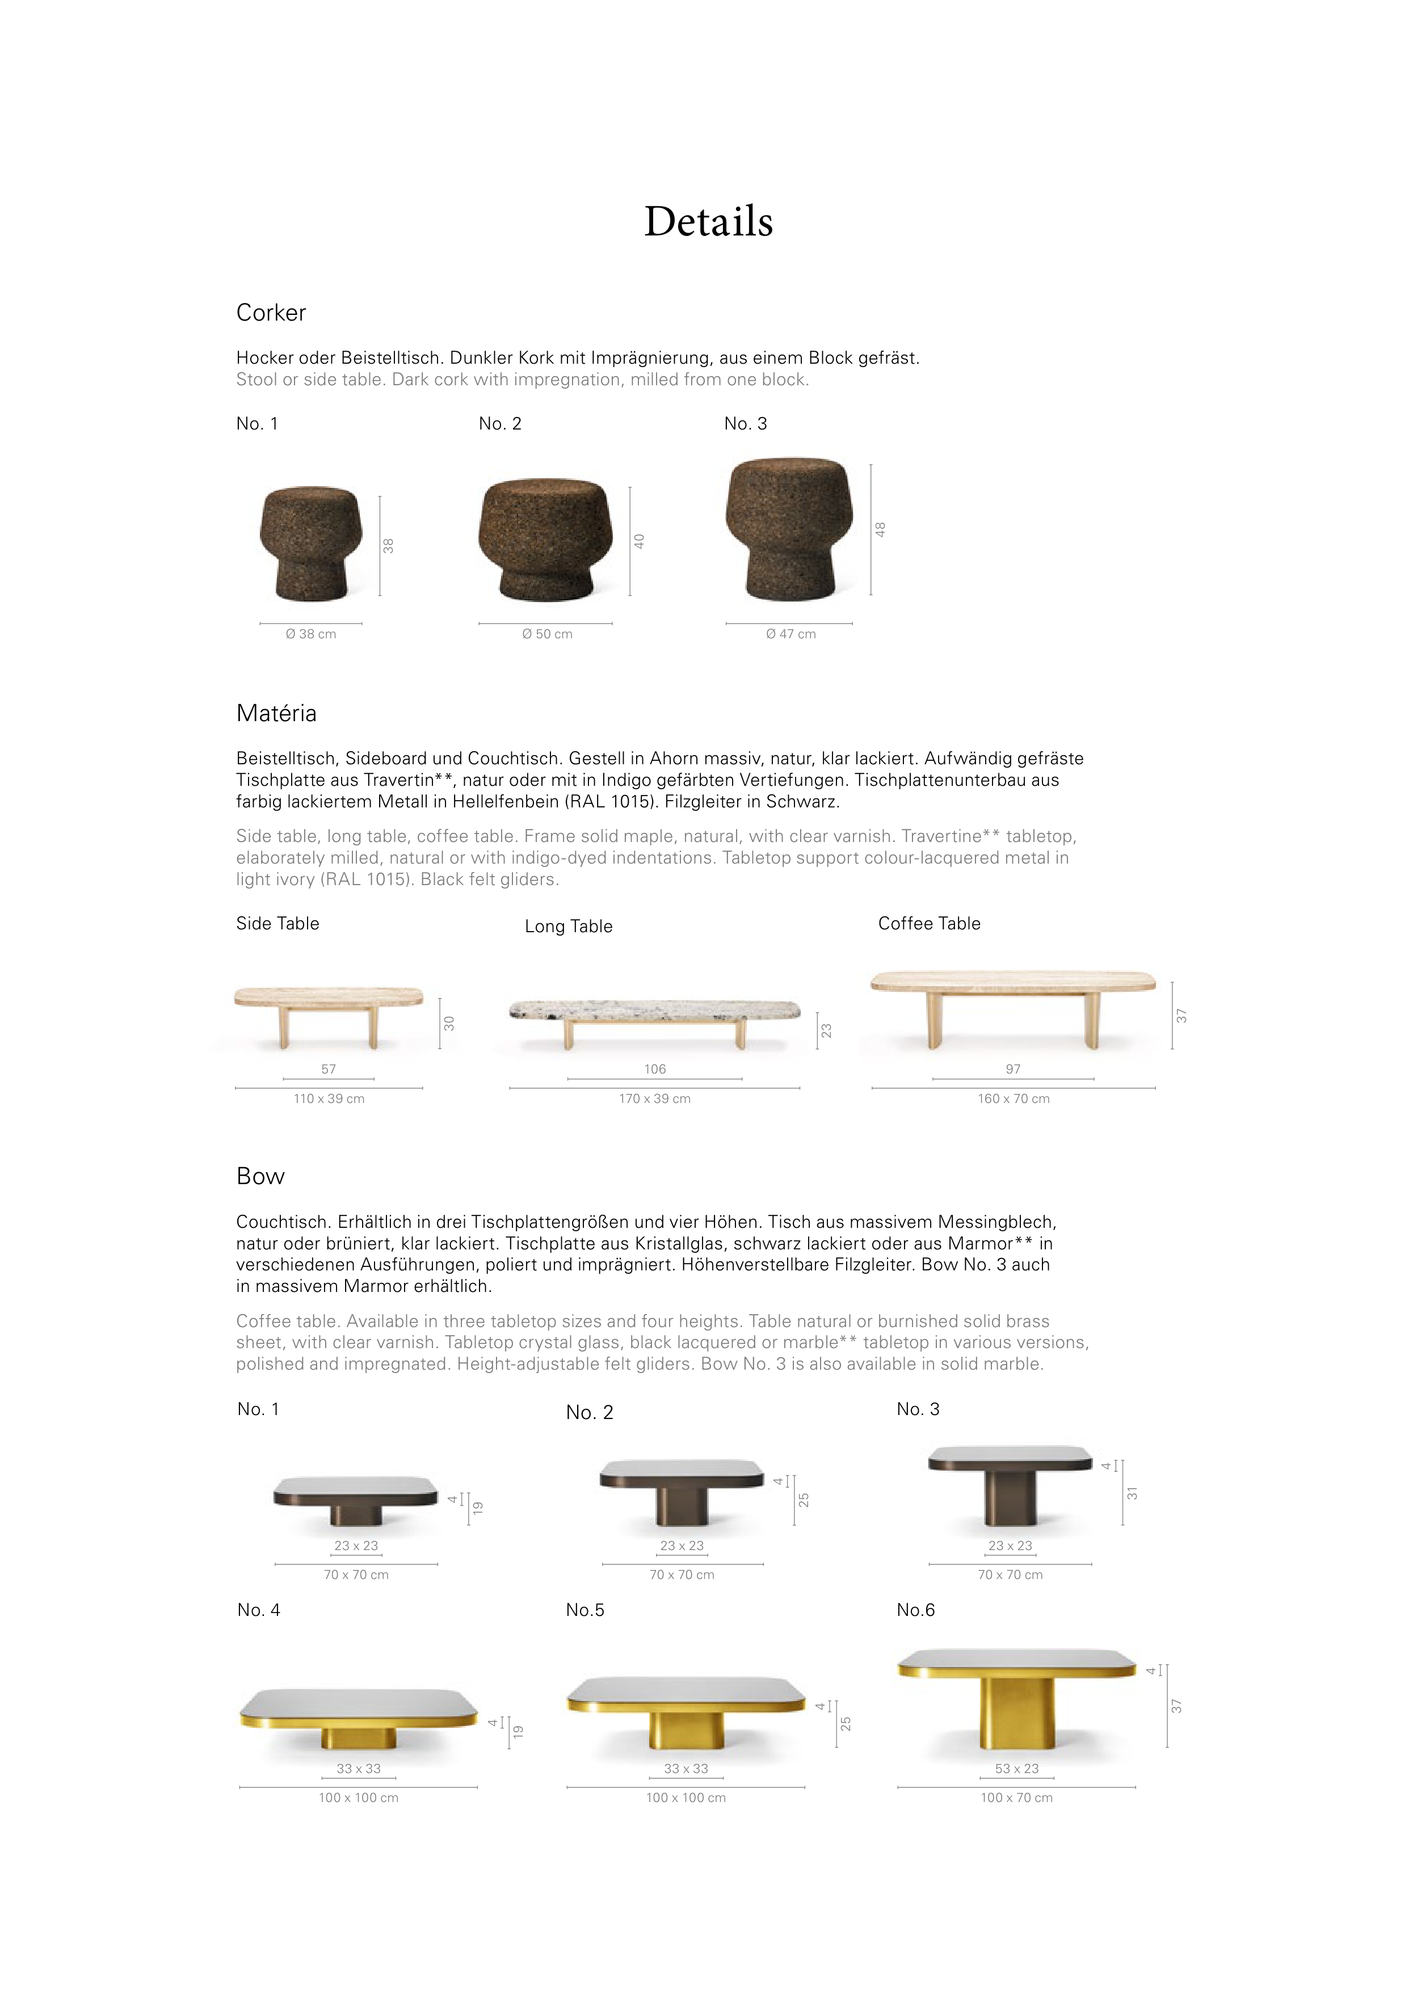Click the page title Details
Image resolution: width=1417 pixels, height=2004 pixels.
tap(708, 222)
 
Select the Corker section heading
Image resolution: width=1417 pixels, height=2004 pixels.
tap(271, 313)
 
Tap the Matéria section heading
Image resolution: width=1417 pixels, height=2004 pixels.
tap(276, 714)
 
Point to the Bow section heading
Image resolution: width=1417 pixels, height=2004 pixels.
tap(260, 1177)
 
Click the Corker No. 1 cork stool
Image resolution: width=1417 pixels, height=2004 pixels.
tap(311, 544)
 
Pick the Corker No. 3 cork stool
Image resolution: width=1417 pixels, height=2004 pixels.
tap(788, 528)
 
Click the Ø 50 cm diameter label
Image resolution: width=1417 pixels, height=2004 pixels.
tap(548, 634)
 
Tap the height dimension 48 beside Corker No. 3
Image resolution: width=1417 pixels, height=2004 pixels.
tap(881, 530)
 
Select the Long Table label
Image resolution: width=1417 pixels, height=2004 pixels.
tap(569, 927)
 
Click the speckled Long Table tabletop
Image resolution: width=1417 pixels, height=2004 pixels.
tap(655, 1010)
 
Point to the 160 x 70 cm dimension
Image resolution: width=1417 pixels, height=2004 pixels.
tap(1014, 1099)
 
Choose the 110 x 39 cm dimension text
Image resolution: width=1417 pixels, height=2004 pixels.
tap(329, 1099)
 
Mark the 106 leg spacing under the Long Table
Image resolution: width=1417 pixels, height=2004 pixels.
tap(655, 1069)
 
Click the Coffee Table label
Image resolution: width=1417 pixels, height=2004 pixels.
tap(929, 924)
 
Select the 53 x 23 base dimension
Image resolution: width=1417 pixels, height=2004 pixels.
tap(1017, 1769)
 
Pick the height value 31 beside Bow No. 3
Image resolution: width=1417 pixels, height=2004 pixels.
tap(1132, 1494)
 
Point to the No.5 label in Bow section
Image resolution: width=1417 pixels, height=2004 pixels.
tap(585, 1610)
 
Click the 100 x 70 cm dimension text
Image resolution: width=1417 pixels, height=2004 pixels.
tap(1016, 1798)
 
